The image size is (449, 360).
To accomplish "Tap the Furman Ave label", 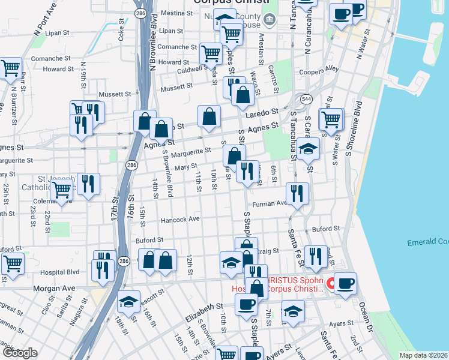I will click(270, 204).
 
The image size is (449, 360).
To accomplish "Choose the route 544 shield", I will click(307, 98).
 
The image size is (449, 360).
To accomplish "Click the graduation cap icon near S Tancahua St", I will click(309, 148).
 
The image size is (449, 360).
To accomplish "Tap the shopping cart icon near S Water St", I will click(331, 119).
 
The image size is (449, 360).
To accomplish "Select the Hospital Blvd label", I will click(59, 272).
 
